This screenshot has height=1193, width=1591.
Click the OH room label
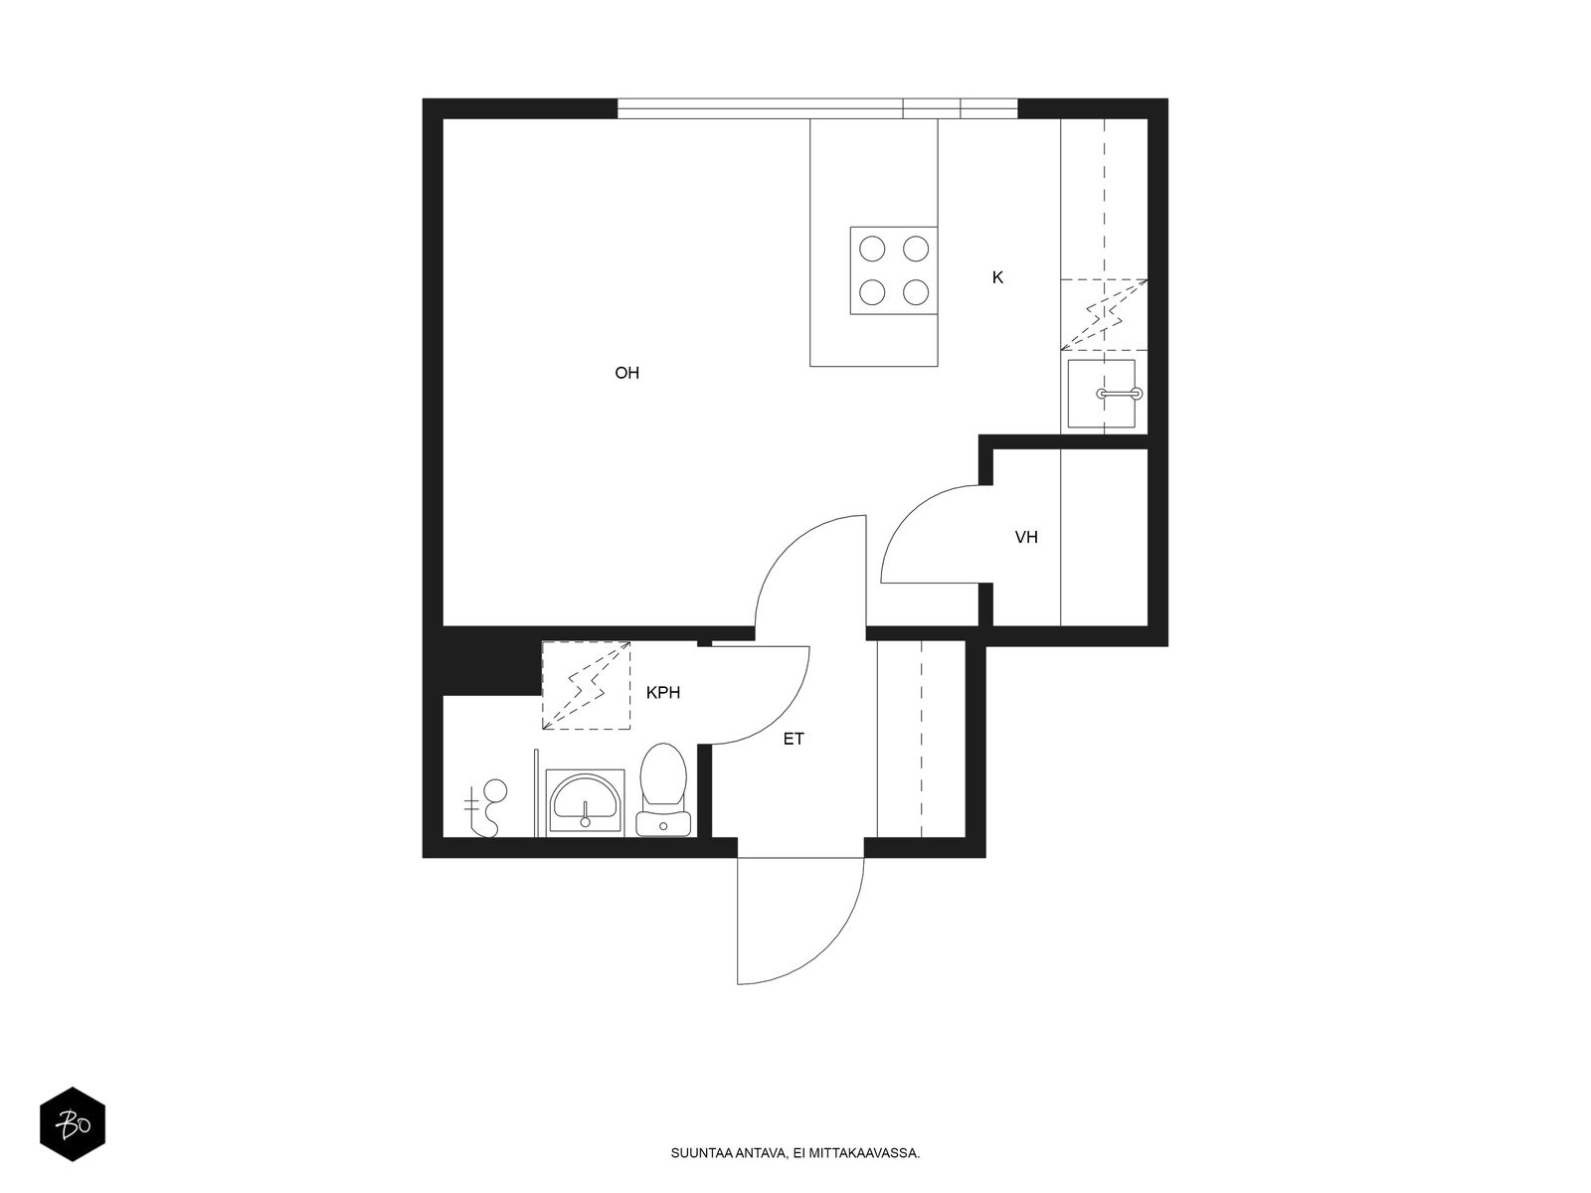627,373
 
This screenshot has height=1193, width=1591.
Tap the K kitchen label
997,277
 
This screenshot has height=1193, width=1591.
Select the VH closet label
1026,537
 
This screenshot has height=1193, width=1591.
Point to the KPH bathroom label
663,693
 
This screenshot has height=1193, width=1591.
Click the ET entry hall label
794,739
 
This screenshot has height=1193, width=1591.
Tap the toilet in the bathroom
663,789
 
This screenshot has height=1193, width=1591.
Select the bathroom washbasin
585,802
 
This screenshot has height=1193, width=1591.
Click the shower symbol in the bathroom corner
485,807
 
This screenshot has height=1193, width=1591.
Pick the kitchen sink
1102,394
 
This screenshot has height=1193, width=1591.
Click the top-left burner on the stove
872,249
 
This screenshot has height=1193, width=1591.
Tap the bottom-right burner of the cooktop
916,292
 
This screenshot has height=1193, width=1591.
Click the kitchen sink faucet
1120,394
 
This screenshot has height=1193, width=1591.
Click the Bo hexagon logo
73,1124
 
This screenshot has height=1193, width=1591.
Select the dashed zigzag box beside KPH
587,685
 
